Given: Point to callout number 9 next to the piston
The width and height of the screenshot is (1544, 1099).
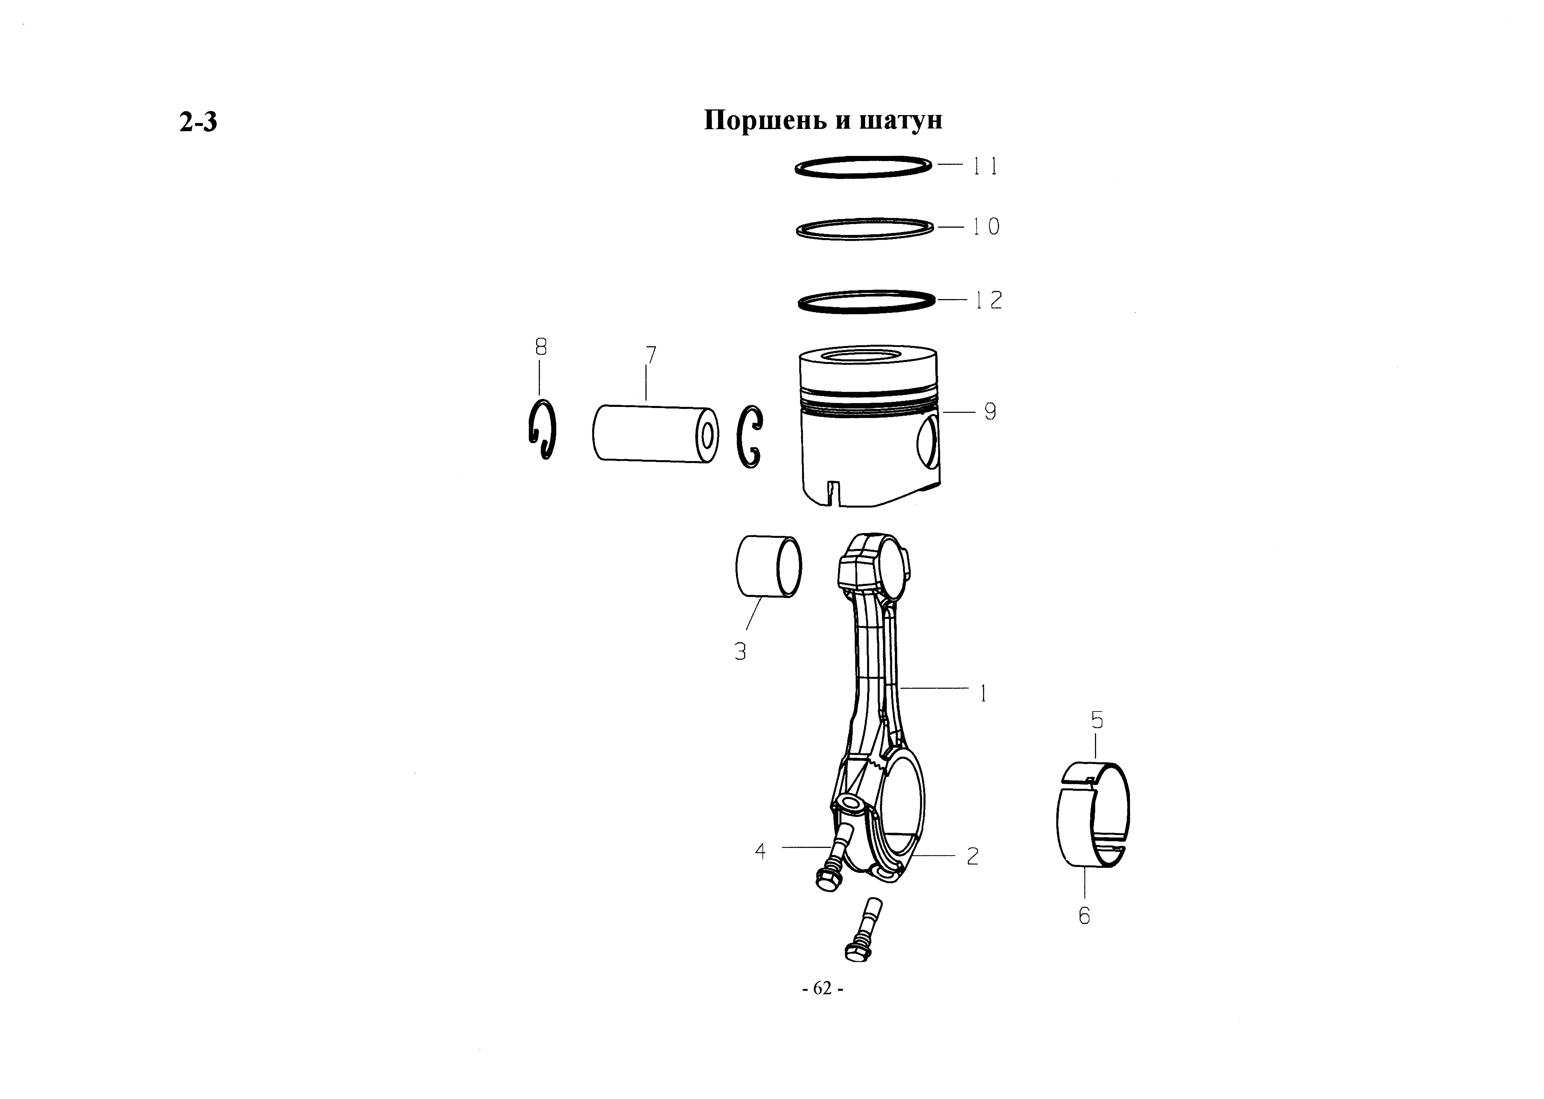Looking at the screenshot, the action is pos(990,411).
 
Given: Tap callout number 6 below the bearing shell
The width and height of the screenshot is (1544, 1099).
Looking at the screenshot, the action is pos(1085,916).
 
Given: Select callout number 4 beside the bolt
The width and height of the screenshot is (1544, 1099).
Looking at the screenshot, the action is pos(760,851).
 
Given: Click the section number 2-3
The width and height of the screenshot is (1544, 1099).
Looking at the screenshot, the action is pos(198,122).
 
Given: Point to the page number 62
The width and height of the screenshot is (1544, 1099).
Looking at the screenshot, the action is pos(822,989).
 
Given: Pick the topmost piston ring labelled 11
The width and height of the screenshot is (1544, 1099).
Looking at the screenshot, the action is pos(863,167).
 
